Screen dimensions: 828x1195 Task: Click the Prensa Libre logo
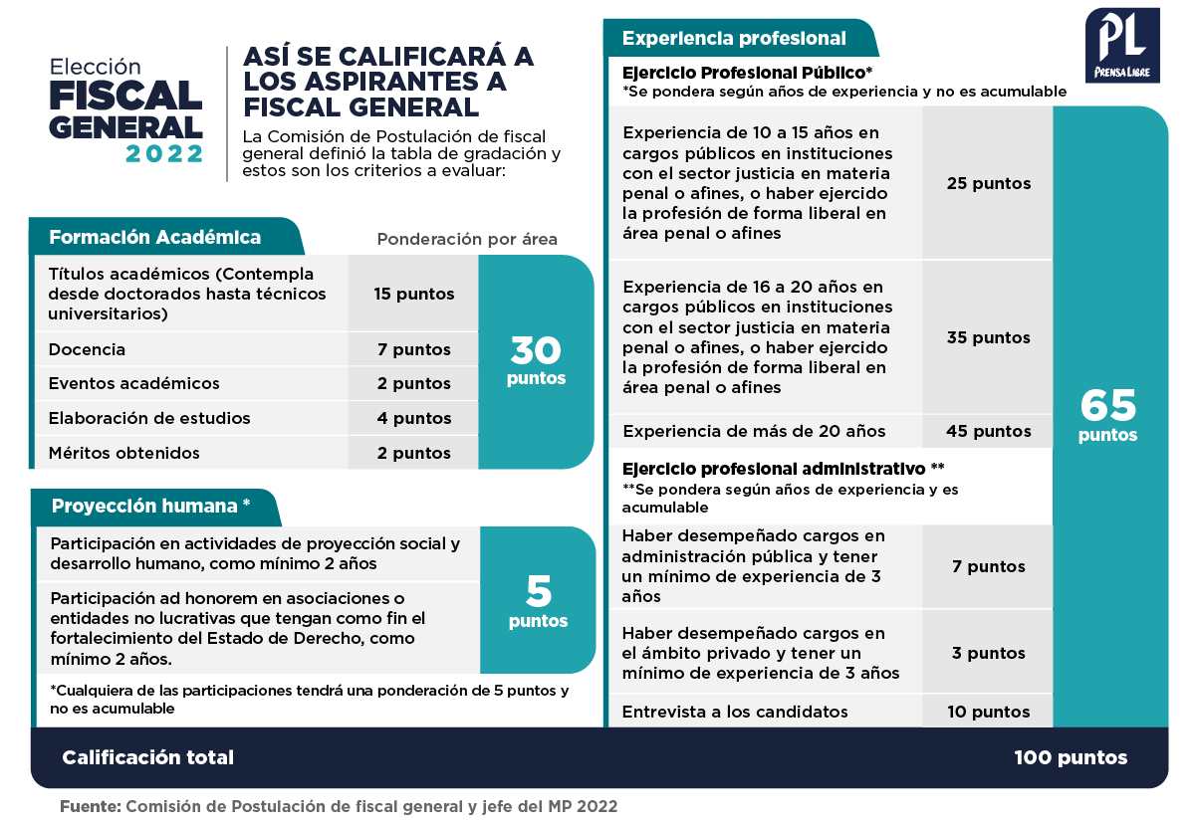click(x=1122, y=46)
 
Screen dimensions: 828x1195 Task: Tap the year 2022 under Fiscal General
click(x=164, y=153)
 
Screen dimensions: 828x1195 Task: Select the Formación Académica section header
click(x=155, y=237)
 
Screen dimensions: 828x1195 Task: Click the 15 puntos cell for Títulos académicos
click(x=413, y=294)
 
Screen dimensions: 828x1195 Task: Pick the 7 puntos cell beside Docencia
click(x=413, y=349)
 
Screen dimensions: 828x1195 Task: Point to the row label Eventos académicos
click(x=133, y=383)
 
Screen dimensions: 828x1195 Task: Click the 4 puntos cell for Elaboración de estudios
click(x=413, y=418)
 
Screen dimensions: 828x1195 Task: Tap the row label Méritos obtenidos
click(x=123, y=453)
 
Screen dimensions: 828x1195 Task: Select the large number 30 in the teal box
click(x=536, y=350)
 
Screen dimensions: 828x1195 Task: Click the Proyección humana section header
click(x=150, y=506)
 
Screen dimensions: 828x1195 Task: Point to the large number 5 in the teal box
click(x=538, y=592)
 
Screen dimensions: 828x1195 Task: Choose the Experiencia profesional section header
click(x=734, y=39)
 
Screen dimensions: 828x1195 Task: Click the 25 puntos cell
click(x=988, y=183)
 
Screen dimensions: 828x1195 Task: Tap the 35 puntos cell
click(x=988, y=337)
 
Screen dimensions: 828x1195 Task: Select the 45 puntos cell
click(x=988, y=431)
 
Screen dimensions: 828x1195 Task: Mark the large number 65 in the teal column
click(x=1107, y=405)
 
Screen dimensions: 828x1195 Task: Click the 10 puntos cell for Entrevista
click(x=988, y=712)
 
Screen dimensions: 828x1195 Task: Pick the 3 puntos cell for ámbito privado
click(x=988, y=653)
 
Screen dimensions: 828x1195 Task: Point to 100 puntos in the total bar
click(x=1071, y=757)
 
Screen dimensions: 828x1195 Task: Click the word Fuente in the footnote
click(x=90, y=806)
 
